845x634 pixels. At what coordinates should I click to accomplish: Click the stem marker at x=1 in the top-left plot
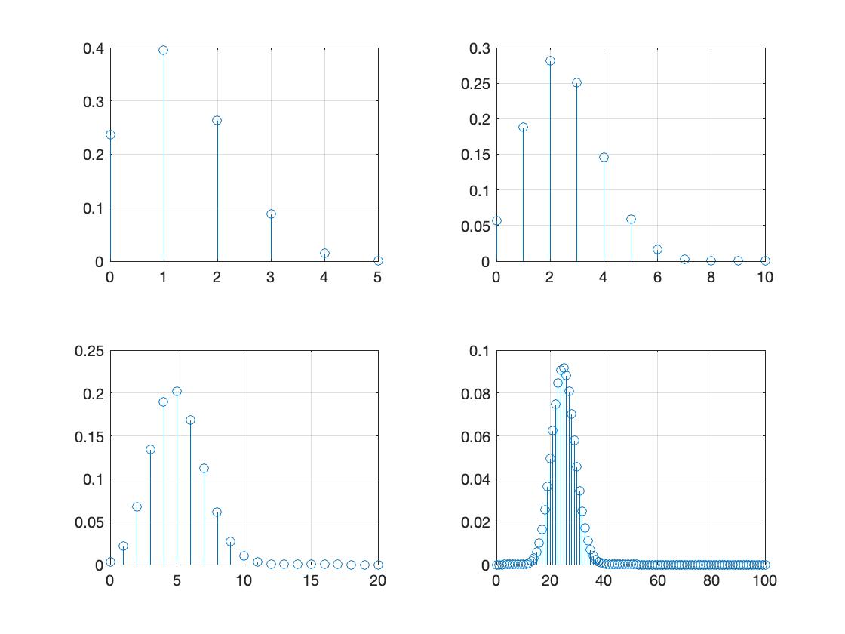point(164,51)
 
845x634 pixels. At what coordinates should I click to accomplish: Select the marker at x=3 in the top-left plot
point(271,214)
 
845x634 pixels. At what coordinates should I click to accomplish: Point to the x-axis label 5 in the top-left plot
point(378,277)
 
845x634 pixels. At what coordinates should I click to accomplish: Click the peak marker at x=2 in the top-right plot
point(550,61)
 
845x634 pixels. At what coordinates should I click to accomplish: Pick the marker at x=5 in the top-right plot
point(631,220)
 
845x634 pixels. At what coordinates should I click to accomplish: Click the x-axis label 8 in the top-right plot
point(711,277)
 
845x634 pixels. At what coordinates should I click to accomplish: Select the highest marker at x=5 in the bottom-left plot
point(177,392)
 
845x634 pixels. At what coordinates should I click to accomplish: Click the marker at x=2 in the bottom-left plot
point(137,507)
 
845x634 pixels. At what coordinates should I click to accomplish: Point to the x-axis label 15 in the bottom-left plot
point(310,580)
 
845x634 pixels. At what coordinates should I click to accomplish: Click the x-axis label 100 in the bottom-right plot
point(765,580)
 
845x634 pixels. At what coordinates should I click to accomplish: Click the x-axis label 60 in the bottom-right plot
point(657,580)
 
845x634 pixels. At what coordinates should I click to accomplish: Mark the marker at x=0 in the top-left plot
point(110,135)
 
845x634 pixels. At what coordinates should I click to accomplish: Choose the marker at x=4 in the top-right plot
point(604,158)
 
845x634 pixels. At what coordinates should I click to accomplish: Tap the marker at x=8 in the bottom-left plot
point(217,512)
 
